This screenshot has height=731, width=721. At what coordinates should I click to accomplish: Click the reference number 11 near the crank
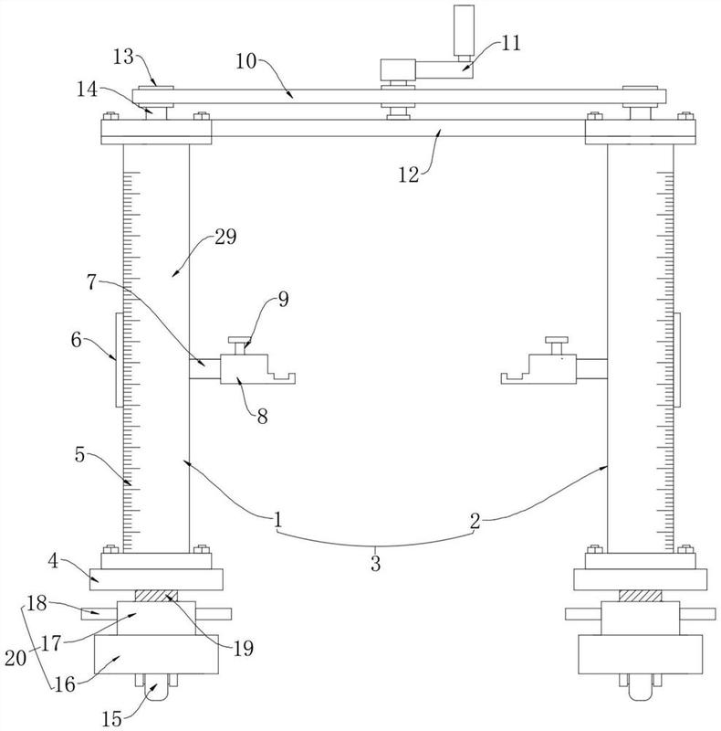[510, 43]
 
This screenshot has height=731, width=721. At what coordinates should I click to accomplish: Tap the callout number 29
[225, 237]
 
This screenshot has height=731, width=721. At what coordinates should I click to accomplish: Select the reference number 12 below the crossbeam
[409, 175]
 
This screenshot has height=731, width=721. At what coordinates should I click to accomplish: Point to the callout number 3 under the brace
[375, 564]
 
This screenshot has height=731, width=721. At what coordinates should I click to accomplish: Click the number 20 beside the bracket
[16, 658]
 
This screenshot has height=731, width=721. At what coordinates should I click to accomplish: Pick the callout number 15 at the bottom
[111, 718]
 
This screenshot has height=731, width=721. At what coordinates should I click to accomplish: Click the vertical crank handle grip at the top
[464, 30]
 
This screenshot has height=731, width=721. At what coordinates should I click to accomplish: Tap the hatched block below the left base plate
[156, 596]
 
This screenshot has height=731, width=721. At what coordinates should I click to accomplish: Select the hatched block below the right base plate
[640, 596]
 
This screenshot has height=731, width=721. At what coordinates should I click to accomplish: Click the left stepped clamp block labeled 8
[246, 369]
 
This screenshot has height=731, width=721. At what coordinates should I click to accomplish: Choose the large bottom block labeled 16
[156, 654]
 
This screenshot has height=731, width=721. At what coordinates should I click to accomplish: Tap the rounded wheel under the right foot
[641, 687]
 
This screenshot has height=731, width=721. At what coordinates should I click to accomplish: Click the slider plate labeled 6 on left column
[120, 360]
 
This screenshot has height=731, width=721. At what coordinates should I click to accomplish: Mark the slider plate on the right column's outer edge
[677, 360]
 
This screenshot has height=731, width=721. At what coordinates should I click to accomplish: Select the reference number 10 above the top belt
[246, 61]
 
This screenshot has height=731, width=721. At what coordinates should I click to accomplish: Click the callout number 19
[243, 648]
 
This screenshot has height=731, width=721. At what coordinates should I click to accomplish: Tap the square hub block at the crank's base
[398, 70]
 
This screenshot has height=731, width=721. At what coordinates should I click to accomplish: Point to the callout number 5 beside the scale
[79, 454]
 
